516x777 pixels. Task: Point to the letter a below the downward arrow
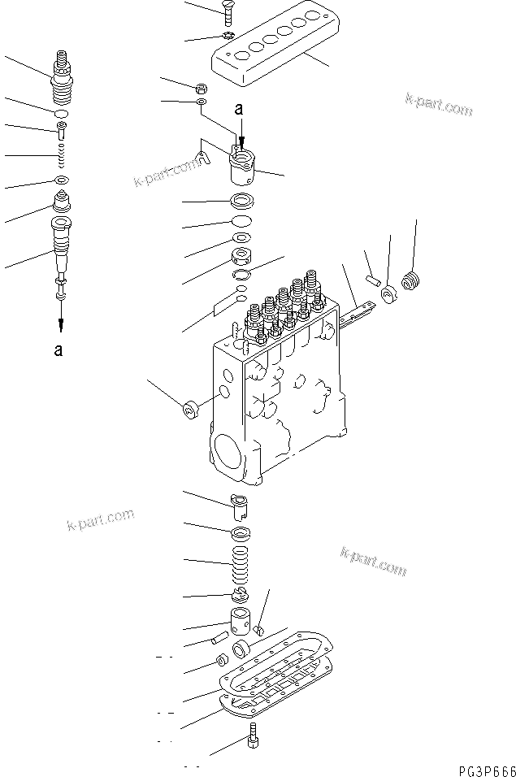pyautogui.click(x=58, y=350)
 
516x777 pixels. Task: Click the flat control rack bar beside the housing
pyautogui.click(x=361, y=314)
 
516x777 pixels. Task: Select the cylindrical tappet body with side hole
pyautogui.click(x=242, y=626)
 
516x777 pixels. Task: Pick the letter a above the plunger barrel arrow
pyautogui.click(x=238, y=108)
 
